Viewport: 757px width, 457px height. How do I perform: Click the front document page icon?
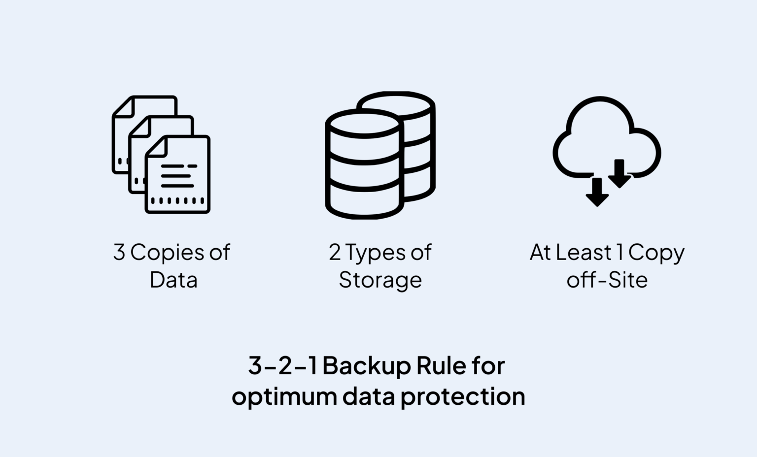point(178,175)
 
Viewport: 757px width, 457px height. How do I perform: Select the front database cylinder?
point(364,165)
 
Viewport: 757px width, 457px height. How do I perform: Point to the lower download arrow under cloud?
point(597,193)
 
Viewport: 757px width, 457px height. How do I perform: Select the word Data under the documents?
point(173,280)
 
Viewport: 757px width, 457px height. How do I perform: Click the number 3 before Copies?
point(119,253)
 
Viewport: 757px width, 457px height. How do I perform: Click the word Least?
point(584,253)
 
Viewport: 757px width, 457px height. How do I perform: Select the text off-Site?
point(607,280)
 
